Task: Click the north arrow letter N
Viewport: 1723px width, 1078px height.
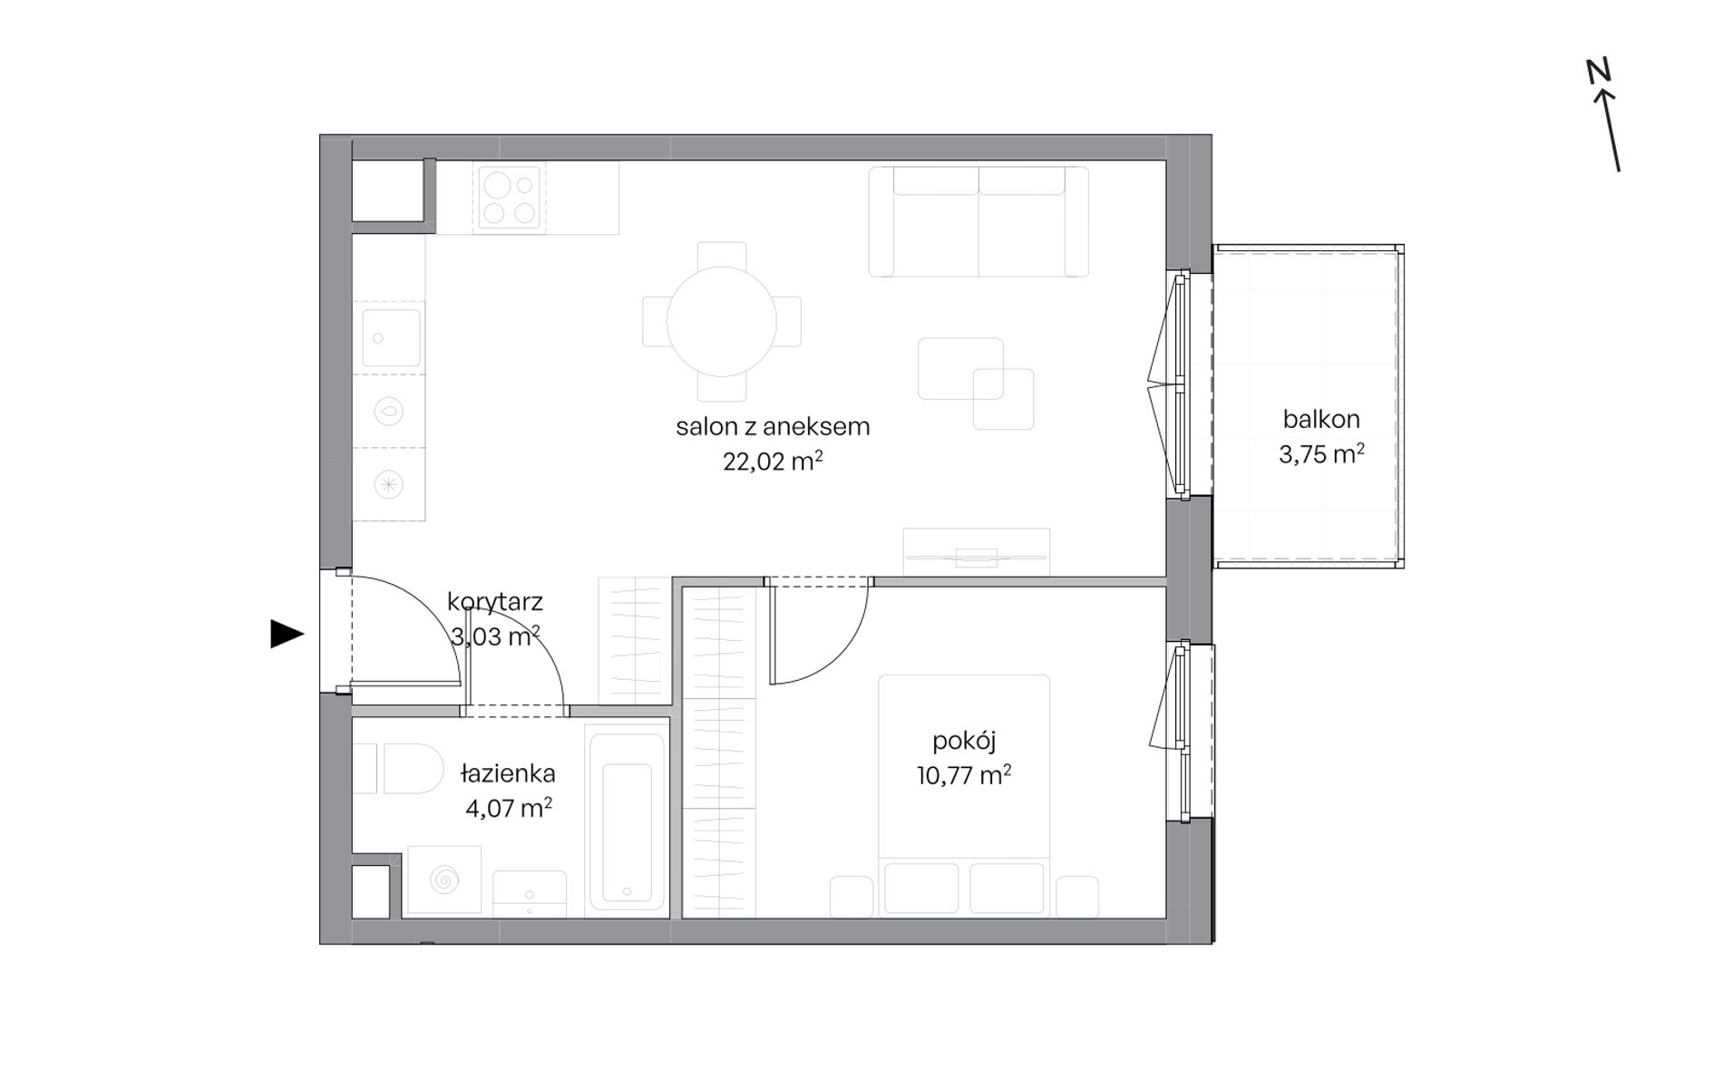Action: click(1598, 71)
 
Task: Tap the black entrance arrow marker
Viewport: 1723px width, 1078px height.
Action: click(287, 634)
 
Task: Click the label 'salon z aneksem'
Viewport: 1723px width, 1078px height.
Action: click(773, 426)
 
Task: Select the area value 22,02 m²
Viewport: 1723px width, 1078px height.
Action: click(773, 461)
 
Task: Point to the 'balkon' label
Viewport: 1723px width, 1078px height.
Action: click(1321, 419)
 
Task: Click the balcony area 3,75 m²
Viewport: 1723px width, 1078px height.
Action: click(1321, 454)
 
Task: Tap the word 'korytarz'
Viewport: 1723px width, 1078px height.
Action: click(495, 601)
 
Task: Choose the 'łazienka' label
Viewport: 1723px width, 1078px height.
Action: click(508, 773)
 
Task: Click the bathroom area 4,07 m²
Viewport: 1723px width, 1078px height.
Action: click(509, 808)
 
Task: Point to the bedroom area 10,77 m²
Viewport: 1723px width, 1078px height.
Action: click(964, 775)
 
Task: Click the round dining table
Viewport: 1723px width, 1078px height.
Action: click(722, 321)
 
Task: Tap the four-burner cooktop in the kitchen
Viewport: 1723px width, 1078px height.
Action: click(509, 198)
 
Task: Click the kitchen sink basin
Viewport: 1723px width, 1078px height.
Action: click(392, 338)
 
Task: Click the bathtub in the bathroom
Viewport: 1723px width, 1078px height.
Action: click(627, 821)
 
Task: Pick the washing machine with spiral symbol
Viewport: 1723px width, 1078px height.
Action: click(444, 879)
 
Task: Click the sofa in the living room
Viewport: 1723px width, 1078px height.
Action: click(978, 221)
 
